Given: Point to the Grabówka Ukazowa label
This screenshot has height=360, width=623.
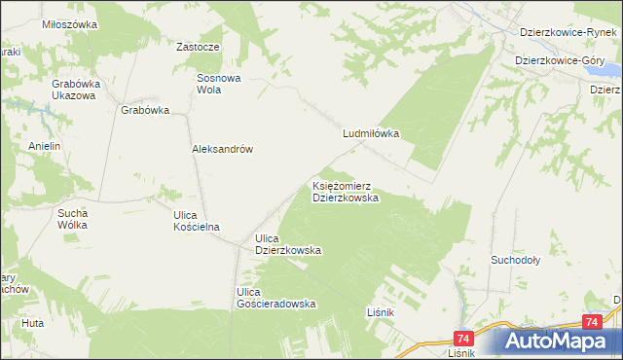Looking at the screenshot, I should (x=74, y=90).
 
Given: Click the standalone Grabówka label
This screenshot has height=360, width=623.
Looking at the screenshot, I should (x=145, y=110).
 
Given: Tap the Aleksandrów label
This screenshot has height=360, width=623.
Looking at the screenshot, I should (x=222, y=149).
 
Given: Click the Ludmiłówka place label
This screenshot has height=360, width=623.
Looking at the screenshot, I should (x=371, y=134).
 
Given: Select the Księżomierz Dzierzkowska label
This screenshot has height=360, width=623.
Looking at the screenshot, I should (x=346, y=190).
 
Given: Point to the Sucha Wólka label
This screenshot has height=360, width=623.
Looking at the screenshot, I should (x=73, y=218).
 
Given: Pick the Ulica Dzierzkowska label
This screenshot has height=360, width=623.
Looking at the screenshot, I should (x=288, y=244).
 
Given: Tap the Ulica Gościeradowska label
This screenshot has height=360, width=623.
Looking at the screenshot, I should (x=277, y=298).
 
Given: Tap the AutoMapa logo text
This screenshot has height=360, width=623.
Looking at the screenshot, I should (x=569, y=341).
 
